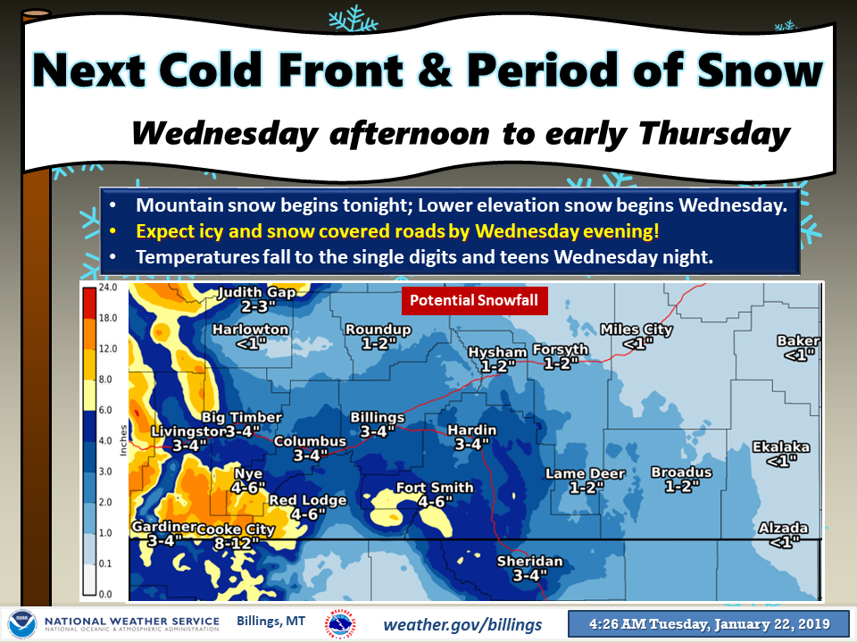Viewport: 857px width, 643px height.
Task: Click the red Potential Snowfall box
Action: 474,300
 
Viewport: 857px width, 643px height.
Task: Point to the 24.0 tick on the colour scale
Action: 108,287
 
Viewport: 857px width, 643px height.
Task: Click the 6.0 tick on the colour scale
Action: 105,410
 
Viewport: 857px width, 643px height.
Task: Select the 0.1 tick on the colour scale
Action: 105,564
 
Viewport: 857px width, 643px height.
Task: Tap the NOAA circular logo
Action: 22,624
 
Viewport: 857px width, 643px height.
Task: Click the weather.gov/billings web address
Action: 462,624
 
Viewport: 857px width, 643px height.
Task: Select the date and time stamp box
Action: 709,624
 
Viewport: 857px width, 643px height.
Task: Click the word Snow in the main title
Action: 760,71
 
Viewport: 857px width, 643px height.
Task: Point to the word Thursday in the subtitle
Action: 714,133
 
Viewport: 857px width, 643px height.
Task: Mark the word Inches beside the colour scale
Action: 123,440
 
